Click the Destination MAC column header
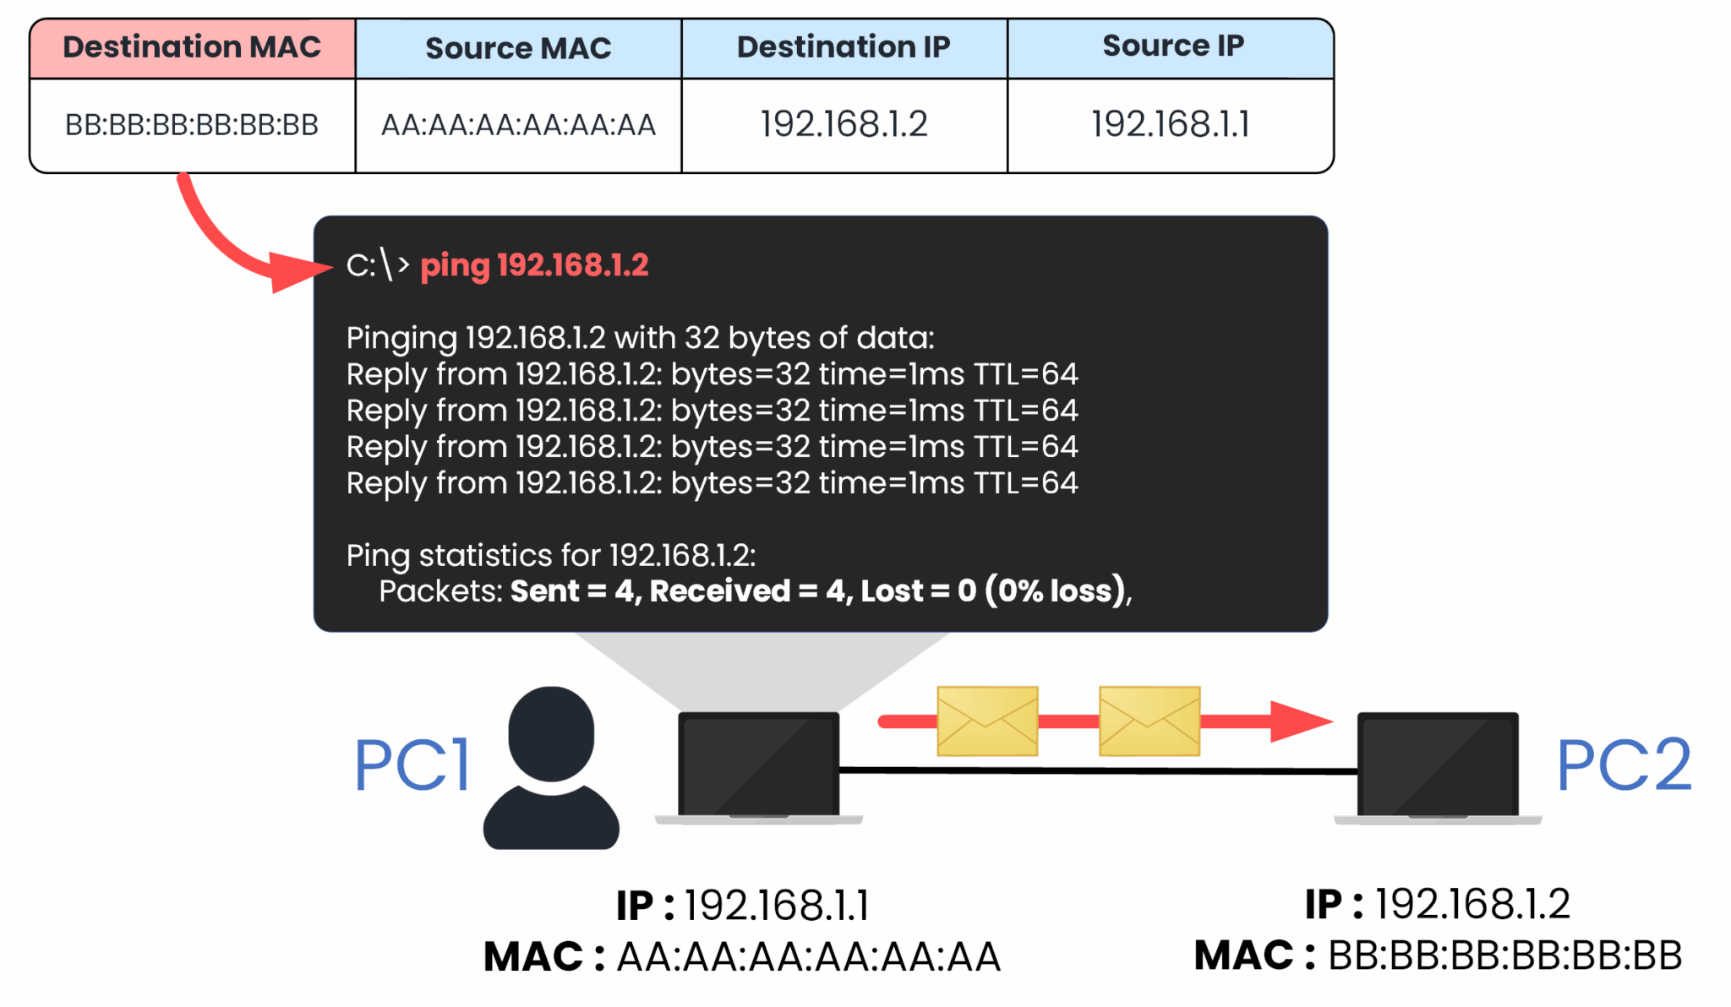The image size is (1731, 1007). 192,47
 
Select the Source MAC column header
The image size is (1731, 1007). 518,49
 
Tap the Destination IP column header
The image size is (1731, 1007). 844,47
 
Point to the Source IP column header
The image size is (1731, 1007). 1172,46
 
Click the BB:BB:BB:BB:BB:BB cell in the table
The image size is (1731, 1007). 192,125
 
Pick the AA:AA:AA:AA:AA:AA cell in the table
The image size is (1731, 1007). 518,125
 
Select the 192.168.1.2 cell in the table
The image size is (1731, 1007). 844,124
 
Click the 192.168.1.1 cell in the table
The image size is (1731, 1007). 1171,124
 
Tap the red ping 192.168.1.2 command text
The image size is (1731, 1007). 534,265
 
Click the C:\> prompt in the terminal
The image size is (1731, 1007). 377,265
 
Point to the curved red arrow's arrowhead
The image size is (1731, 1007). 300,270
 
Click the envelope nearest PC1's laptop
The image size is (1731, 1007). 987,721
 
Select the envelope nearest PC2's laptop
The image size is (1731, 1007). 1149,721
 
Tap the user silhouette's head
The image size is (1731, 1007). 551,732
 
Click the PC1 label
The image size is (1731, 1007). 412,765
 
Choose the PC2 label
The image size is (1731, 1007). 1624,765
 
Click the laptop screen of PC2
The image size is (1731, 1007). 1437,765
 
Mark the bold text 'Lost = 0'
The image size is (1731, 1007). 918,591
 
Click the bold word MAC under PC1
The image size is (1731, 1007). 533,957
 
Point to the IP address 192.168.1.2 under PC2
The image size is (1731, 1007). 1472,904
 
